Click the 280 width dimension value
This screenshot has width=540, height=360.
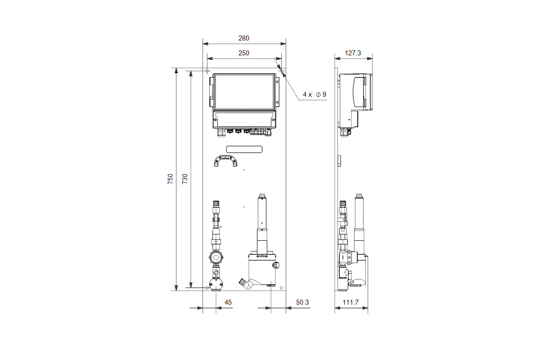(244, 38)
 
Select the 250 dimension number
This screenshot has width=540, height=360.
(244, 53)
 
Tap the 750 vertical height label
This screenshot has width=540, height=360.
(171, 179)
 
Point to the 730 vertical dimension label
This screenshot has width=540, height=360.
(185, 179)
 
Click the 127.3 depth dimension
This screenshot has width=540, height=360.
(353, 53)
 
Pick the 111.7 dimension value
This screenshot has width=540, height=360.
(351, 302)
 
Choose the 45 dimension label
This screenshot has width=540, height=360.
(228, 302)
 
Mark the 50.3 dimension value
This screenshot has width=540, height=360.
(302, 302)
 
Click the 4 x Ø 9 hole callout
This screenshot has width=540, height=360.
(315, 94)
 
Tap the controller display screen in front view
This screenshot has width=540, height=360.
(244, 92)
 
